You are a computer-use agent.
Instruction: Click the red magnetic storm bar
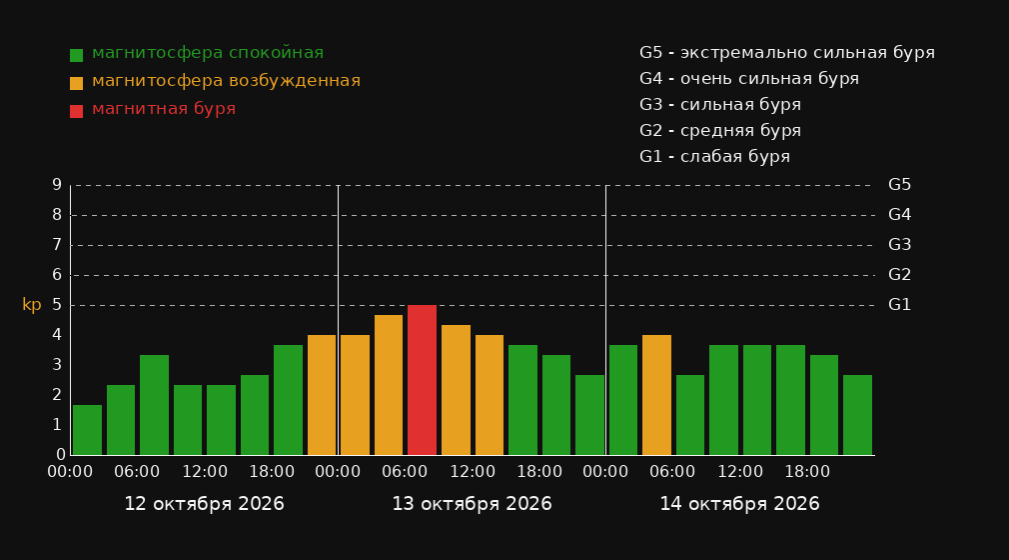[x=423, y=380]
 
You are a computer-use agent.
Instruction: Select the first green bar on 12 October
[x=88, y=430]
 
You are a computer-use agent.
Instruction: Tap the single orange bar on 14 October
[x=656, y=395]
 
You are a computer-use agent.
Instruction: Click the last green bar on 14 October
[x=857, y=415]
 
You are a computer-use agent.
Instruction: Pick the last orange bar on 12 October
[x=322, y=395]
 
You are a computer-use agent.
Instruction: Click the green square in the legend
[x=77, y=55]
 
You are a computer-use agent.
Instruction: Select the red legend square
[x=77, y=111]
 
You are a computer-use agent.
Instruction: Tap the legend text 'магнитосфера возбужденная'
[x=226, y=81]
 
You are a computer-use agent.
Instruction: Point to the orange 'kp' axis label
[x=32, y=305]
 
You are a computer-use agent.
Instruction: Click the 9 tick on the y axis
[x=57, y=185]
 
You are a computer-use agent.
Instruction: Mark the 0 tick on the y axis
[x=61, y=454]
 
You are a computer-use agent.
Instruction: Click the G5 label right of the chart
[x=899, y=185]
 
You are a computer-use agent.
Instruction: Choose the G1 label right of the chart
[x=899, y=305]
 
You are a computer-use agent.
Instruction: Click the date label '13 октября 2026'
[x=472, y=504]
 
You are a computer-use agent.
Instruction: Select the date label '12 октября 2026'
[x=204, y=504]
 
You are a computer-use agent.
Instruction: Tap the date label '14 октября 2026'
[x=739, y=504]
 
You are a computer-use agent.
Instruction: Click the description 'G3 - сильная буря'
[x=720, y=104]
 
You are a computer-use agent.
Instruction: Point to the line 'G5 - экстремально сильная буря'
[x=787, y=53]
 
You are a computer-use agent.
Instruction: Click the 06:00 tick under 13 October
[x=405, y=472]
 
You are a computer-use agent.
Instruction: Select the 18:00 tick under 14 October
[x=807, y=472]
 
